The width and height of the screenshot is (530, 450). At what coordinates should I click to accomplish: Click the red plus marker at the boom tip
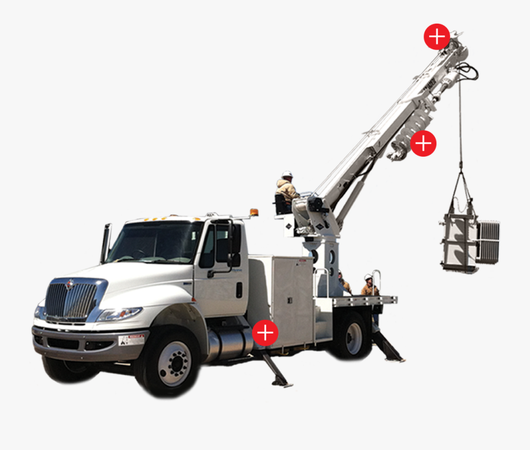point(437,37)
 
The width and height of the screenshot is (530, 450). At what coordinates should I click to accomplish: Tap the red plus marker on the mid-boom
point(423,144)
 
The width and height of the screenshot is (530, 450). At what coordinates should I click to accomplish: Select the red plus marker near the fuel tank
point(265,333)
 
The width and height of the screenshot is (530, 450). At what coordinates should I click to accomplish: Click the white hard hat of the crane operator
point(287,174)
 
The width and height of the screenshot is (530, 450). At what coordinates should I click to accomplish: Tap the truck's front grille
point(71,301)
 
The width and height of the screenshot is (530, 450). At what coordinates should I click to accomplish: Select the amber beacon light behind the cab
point(254,212)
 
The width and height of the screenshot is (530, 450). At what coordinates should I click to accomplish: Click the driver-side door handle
point(239,290)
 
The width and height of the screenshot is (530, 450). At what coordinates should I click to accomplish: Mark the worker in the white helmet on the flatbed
point(369,286)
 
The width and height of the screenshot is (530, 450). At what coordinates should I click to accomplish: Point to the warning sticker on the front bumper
point(131,340)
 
